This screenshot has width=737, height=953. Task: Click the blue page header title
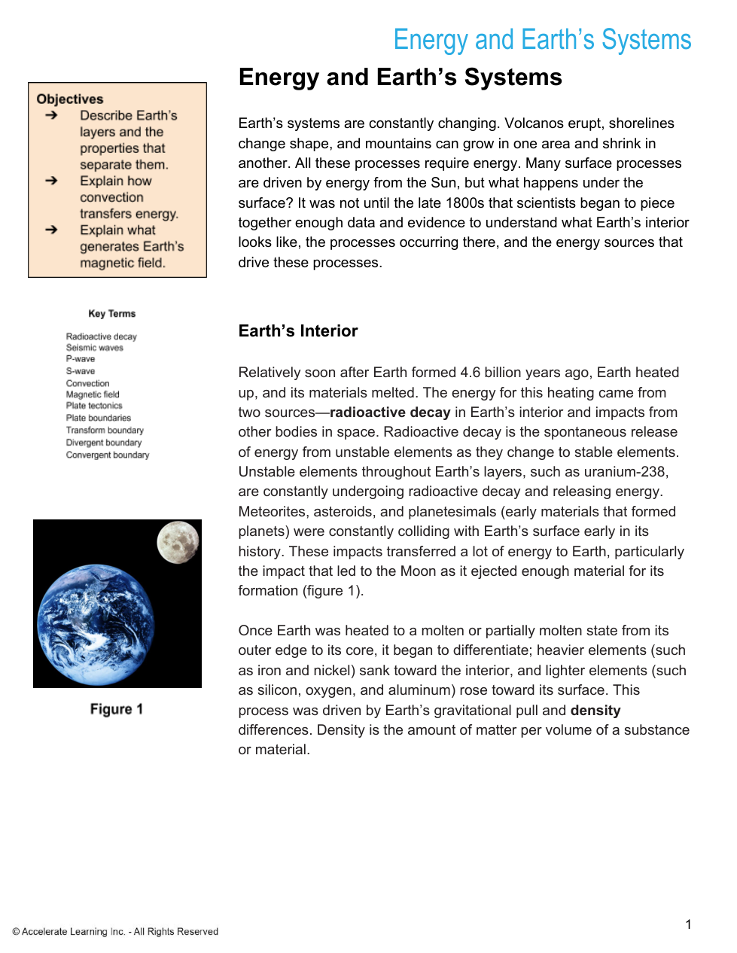[x=542, y=40]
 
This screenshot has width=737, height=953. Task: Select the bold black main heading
[x=400, y=78]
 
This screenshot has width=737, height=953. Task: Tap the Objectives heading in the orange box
[x=70, y=99]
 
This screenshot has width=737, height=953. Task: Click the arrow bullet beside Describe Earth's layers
[x=51, y=115]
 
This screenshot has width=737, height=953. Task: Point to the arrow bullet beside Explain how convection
[x=51, y=181]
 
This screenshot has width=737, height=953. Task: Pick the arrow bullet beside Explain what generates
[x=51, y=230]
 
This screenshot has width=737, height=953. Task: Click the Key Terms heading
[x=112, y=314]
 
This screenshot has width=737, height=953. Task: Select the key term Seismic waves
[x=94, y=348]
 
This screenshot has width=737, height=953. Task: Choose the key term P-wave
[x=81, y=359]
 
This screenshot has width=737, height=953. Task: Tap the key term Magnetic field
[x=93, y=394]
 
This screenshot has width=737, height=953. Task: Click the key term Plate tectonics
[x=94, y=406]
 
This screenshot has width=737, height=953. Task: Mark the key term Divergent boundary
[x=104, y=443]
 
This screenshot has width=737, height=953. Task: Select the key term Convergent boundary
[x=108, y=455]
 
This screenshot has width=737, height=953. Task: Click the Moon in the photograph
[x=178, y=542]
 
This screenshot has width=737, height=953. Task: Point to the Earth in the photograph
[x=96, y=624]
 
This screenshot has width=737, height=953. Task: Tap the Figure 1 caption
[x=117, y=709]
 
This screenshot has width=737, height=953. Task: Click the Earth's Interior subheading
[x=298, y=331]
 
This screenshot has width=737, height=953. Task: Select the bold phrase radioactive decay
[x=390, y=413]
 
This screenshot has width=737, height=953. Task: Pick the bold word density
[x=595, y=711]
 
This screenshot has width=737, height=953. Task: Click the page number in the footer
[x=688, y=924]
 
